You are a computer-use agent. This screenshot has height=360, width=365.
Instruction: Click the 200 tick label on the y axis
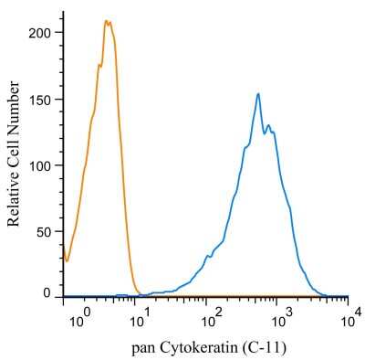click(x=42, y=32)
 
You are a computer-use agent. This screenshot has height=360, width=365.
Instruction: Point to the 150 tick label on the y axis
click(x=42, y=99)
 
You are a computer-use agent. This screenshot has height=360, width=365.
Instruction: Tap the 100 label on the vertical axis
click(x=42, y=165)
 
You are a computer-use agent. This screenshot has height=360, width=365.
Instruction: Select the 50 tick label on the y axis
click(x=46, y=232)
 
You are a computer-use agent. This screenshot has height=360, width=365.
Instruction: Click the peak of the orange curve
click(x=108, y=21)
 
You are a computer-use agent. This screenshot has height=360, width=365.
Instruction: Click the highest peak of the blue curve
click(x=258, y=93)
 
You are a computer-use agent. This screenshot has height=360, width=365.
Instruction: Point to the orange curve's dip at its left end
click(x=67, y=260)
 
